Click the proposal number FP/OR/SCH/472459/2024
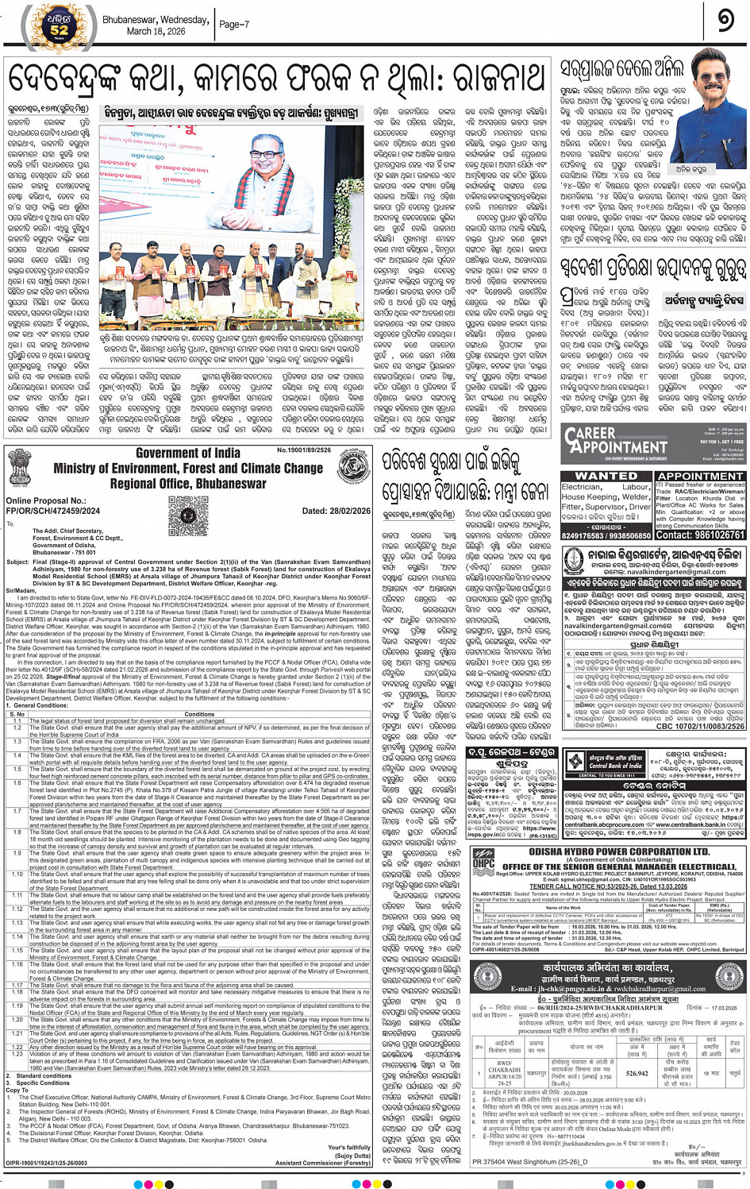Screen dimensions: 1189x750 [x=53, y=512]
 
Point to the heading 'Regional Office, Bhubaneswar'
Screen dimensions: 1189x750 [x=188, y=484]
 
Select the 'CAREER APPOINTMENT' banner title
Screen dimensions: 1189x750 [x=616, y=439]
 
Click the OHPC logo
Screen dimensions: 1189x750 [x=483, y=862]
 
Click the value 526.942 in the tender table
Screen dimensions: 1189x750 [x=637, y=1072]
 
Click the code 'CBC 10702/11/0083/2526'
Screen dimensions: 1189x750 [x=699, y=726]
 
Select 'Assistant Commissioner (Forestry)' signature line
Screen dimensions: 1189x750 [x=323, y=1162]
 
